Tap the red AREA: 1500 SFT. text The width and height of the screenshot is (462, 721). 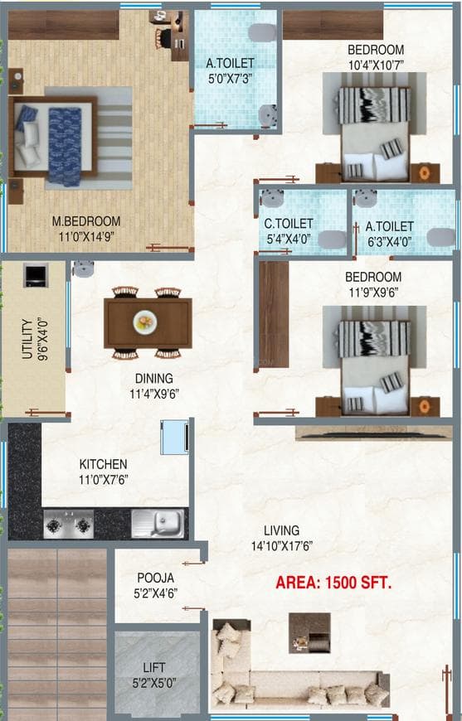coord(333,583)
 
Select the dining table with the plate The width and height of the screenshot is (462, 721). coord(148,322)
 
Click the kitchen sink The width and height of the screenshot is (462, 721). coord(158,523)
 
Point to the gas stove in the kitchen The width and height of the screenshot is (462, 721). coord(68,524)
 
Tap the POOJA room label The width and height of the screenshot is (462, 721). coord(155,578)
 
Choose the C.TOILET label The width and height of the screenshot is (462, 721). coord(288,224)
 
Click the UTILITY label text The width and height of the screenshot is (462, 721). coord(27,341)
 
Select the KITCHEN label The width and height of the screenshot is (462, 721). coord(103,464)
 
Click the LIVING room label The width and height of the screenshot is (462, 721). coord(281,530)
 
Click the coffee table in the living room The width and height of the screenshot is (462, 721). coord(309,633)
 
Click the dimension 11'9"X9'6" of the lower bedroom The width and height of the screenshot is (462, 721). coord(373,292)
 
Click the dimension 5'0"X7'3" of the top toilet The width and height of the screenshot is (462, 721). coord(231,79)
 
